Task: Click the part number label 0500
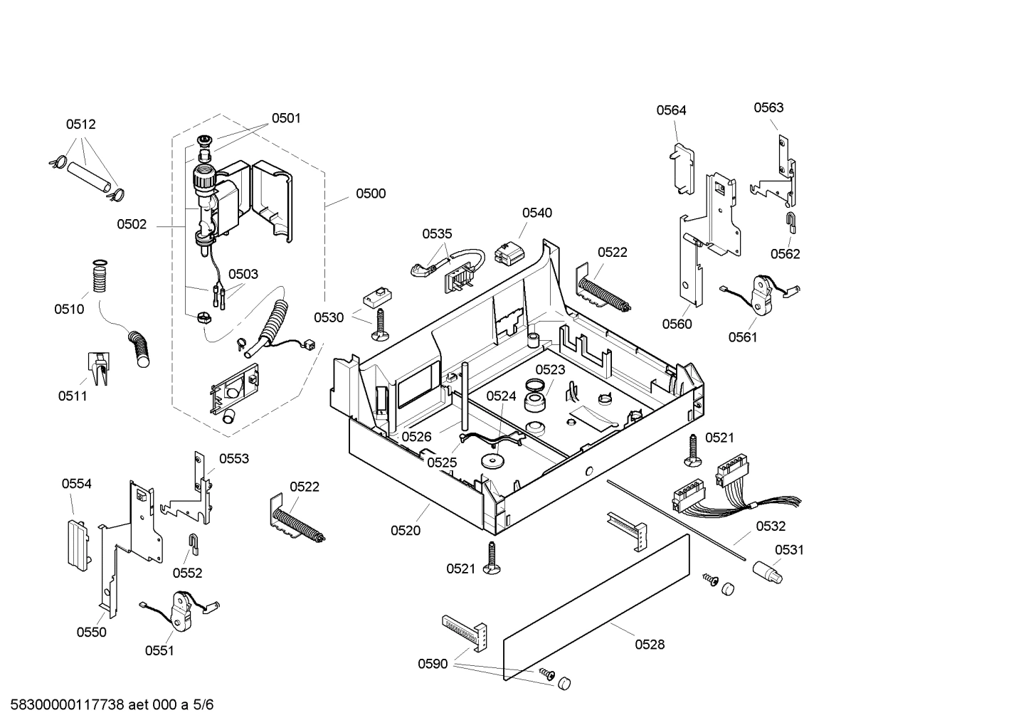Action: [x=371, y=194]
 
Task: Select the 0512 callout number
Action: [x=81, y=124]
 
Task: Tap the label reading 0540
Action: [x=536, y=213]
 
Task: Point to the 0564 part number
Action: [x=671, y=110]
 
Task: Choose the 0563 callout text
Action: [x=768, y=107]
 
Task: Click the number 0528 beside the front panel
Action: [x=650, y=644]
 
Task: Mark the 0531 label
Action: [x=789, y=549]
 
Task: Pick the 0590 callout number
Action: [x=433, y=664]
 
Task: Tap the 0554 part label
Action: [x=76, y=484]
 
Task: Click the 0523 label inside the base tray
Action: [x=550, y=369]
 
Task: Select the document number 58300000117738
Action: [x=68, y=705]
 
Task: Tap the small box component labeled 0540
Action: [x=508, y=253]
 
